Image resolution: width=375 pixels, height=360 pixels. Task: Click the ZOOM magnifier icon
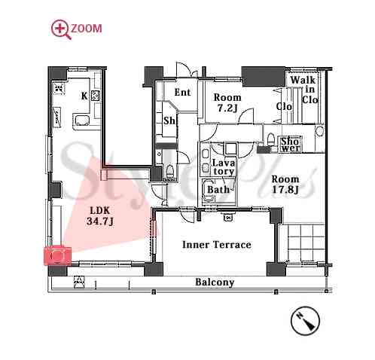(x=59, y=29)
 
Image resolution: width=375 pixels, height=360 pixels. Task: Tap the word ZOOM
(x=87, y=29)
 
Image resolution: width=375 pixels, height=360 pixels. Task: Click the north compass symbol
(x=305, y=321)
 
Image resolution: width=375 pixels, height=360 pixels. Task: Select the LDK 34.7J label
(x=100, y=215)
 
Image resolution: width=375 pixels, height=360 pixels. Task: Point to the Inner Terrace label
(x=217, y=245)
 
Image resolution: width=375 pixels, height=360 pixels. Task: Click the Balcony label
(x=215, y=282)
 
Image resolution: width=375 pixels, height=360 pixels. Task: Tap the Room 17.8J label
(x=285, y=185)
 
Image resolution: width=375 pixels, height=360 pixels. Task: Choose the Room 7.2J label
(x=227, y=102)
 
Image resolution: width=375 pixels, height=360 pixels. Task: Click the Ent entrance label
(x=182, y=92)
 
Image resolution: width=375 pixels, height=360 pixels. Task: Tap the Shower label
(x=291, y=145)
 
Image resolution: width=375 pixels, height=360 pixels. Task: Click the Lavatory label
(x=223, y=167)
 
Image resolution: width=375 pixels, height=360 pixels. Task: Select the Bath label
(x=218, y=189)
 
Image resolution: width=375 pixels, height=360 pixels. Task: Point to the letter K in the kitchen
(x=84, y=96)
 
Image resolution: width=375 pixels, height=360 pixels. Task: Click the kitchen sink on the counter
(x=81, y=121)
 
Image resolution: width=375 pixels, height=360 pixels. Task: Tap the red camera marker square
(x=58, y=256)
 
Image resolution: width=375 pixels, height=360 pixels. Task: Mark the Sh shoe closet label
(x=169, y=121)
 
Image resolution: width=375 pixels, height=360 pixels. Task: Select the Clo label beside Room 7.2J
(x=284, y=106)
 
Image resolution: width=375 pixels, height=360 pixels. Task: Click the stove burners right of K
(x=96, y=96)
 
